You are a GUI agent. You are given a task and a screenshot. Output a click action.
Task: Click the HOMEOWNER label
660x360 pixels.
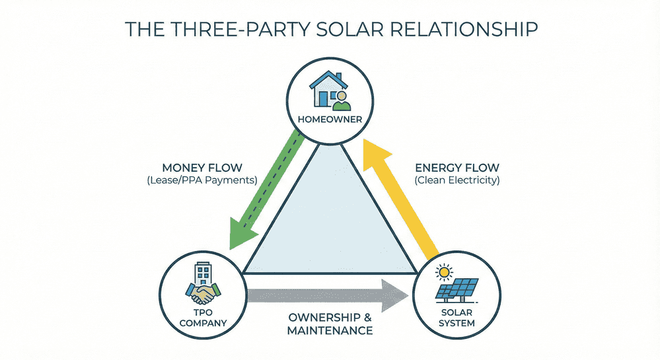(330, 119)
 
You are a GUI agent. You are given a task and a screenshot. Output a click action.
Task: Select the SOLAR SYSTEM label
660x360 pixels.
(457, 318)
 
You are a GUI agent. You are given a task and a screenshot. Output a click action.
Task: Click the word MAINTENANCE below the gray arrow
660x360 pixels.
(330, 330)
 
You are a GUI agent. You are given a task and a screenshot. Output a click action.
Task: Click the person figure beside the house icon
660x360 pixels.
(341, 100)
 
